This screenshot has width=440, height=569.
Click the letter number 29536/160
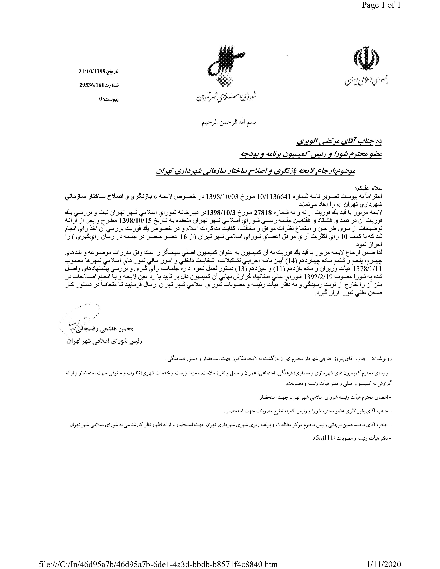click(92, 85)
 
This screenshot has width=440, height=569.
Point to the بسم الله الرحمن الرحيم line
click(229, 123)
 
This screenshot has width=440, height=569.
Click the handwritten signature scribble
click(78, 321)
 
